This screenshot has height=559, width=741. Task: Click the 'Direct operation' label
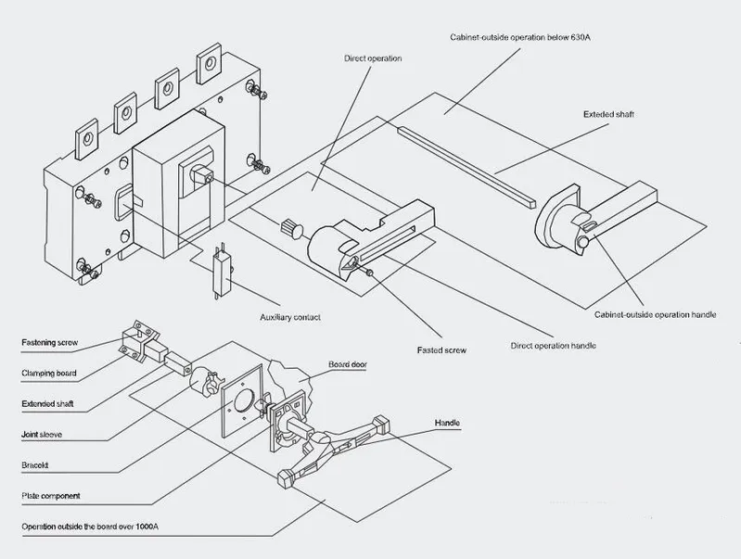[x=373, y=58]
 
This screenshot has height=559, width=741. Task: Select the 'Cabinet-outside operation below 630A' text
[x=520, y=37]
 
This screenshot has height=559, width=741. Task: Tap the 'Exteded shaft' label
[x=608, y=114]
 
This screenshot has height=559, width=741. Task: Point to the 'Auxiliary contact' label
[x=290, y=317]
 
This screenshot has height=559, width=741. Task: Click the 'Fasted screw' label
[x=441, y=350]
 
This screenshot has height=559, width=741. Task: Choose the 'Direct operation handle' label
[x=553, y=346]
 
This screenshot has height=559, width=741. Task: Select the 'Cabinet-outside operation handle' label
[x=655, y=314]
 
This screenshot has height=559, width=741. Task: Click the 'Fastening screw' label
[x=50, y=343]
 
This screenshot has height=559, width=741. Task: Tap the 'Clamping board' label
[x=48, y=374]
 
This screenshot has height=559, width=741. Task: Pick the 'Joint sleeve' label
[x=42, y=435]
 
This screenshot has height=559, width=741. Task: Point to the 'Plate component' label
[x=51, y=496]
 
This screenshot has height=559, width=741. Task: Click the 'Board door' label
[x=348, y=364]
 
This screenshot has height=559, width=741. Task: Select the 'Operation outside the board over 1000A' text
[x=90, y=527]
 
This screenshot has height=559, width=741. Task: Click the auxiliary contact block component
[x=222, y=272]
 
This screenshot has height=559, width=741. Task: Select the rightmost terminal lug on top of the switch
[x=209, y=63]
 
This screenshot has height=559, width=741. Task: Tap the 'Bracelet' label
[x=35, y=465]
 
